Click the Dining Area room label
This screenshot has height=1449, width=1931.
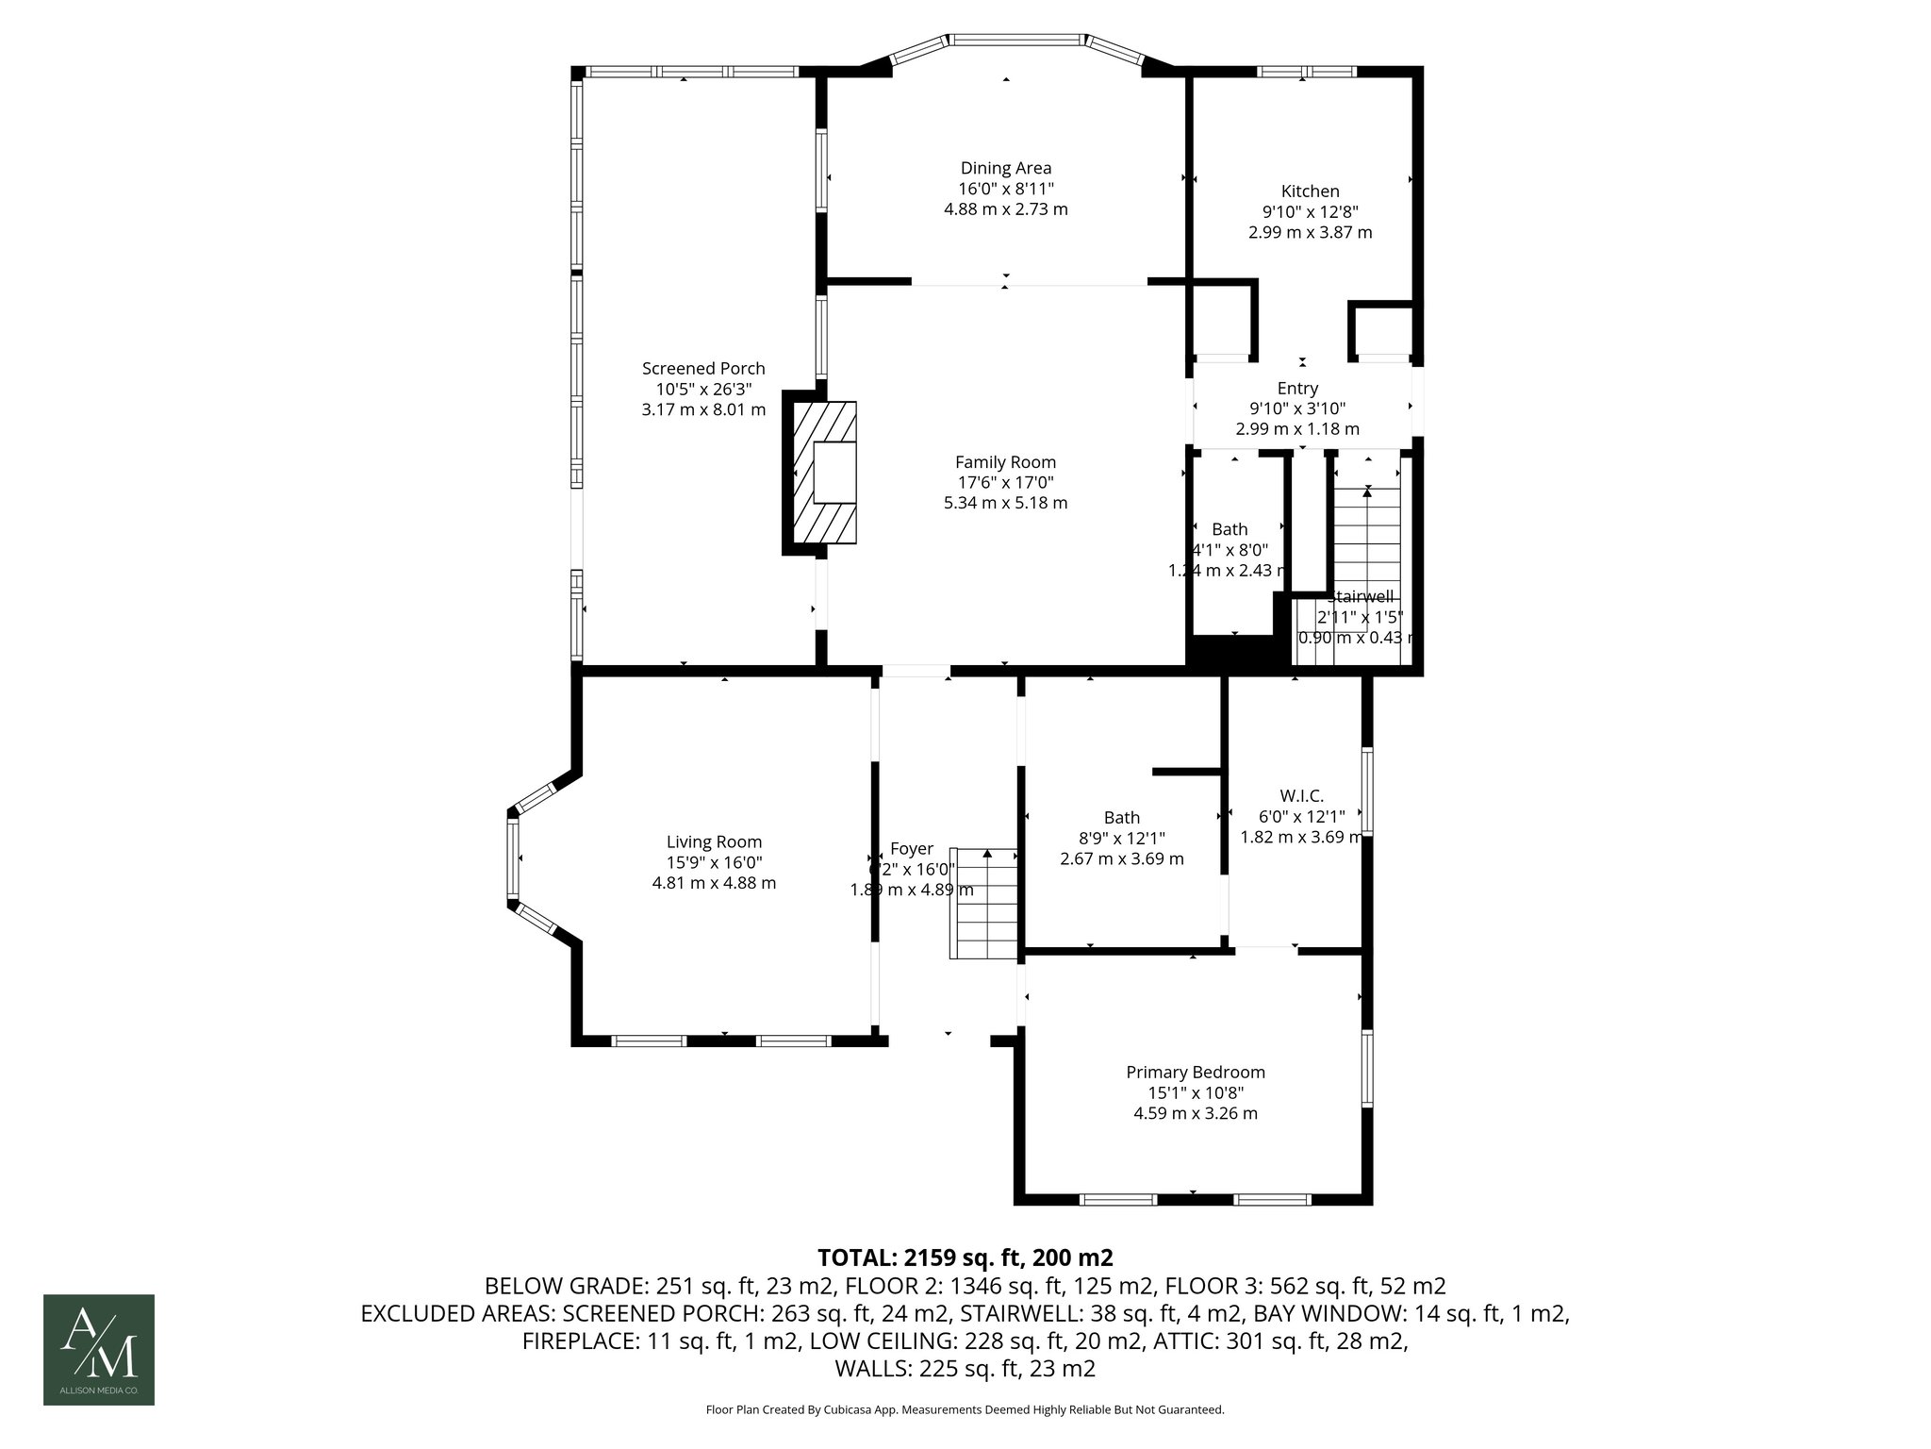(x=1005, y=169)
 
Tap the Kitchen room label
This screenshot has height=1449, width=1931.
(x=1310, y=192)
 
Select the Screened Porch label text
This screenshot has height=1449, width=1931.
(x=703, y=369)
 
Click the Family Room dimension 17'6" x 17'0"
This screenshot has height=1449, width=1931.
(x=1005, y=483)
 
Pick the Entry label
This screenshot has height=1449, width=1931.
(x=1297, y=389)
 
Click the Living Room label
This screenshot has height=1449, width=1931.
(x=714, y=842)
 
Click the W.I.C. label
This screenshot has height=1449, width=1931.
(x=1301, y=796)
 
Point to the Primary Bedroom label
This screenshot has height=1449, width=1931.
(x=1195, y=1073)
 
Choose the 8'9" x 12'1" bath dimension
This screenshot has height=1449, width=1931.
(x=1122, y=838)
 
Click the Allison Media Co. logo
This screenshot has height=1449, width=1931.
(x=99, y=1349)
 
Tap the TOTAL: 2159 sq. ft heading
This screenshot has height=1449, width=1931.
(x=965, y=1257)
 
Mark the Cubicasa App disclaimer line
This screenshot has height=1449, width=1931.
(x=965, y=1410)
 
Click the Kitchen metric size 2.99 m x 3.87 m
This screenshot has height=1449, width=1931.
(x=1310, y=232)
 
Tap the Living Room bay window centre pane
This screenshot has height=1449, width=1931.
(x=514, y=858)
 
